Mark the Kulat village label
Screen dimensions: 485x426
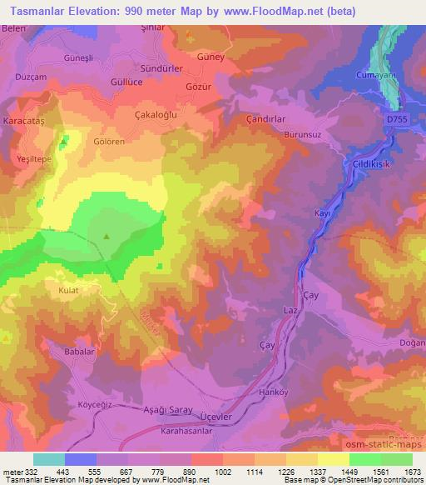coord(68,293)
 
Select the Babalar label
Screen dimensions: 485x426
coord(81,352)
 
